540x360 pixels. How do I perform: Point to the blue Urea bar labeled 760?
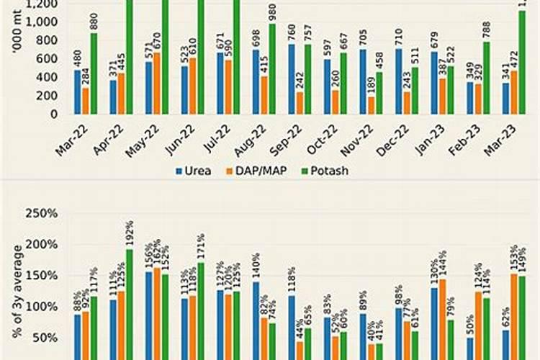[291, 79]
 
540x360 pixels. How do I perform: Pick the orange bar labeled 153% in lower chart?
[514, 317]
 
